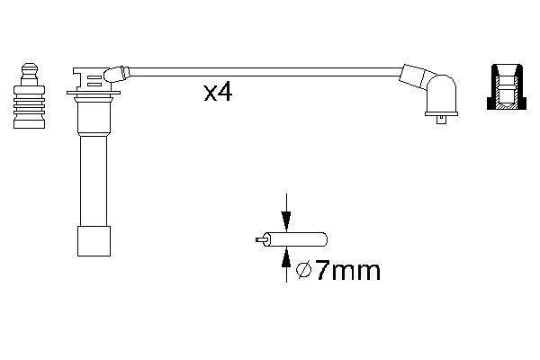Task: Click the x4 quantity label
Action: click(x=218, y=91)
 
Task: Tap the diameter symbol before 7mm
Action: click(x=304, y=270)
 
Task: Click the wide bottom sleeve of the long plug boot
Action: click(x=93, y=240)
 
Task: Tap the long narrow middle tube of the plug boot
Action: click(x=93, y=180)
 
